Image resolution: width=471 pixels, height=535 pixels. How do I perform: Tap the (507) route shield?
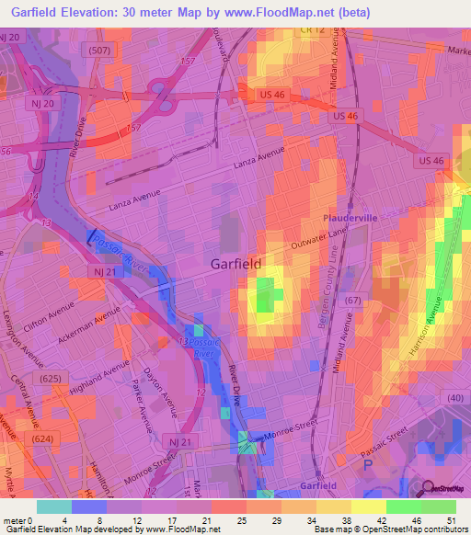pyautogui.click(x=100, y=51)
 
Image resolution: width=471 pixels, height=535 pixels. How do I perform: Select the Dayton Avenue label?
pyautogui.click(x=159, y=386)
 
